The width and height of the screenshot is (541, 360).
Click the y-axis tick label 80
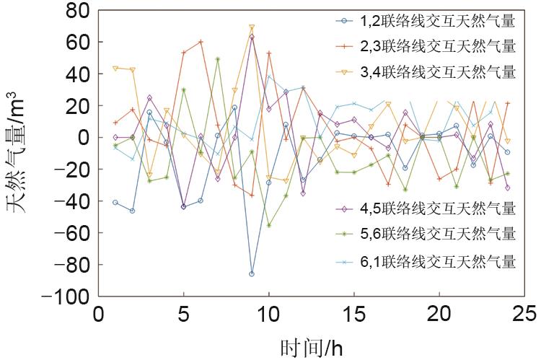click(74, 10)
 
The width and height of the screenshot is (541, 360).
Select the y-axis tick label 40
click(74, 74)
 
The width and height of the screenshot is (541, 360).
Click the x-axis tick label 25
click(524, 315)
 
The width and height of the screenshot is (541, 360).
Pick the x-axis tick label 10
click(268, 315)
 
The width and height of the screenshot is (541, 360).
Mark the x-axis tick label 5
click(183, 315)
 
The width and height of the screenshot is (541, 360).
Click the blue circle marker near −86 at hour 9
click(252, 274)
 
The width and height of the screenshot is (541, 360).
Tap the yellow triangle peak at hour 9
click(252, 27)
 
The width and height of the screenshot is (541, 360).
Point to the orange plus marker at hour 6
click(201, 42)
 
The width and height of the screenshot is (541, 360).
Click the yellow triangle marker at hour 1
click(115, 69)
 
